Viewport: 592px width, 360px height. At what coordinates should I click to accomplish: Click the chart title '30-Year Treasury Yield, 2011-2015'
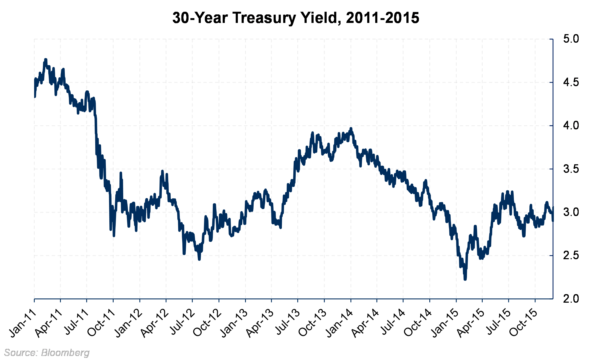point(296,18)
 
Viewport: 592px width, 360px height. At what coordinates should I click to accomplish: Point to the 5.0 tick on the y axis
point(571,39)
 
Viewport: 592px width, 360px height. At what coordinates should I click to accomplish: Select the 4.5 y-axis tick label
point(571,82)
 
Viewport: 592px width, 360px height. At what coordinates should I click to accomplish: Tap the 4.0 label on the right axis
point(571,126)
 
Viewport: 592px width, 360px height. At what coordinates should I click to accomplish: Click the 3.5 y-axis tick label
point(571,169)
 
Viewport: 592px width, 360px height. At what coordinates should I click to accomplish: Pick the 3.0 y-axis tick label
point(571,212)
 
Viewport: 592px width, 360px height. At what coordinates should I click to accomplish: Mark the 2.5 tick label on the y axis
point(571,256)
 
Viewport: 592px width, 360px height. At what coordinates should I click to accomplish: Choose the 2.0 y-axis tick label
point(571,299)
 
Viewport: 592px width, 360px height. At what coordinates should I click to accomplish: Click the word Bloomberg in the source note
point(65,353)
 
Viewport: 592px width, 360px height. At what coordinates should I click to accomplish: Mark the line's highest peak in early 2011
point(46,59)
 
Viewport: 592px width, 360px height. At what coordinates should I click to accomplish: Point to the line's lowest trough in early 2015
point(465,279)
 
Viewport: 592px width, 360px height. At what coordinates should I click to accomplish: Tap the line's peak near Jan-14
point(351,128)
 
